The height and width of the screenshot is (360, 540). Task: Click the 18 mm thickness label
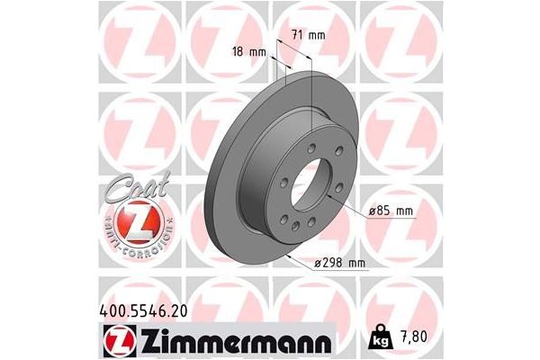point(250,51)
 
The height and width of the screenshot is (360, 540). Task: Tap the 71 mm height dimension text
point(309,35)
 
